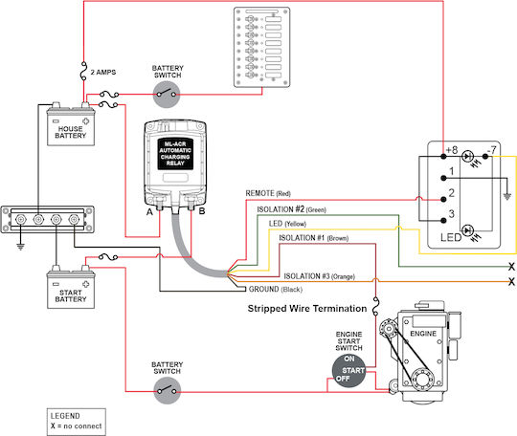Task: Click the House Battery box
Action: (71, 127)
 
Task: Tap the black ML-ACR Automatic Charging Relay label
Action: (175, 154)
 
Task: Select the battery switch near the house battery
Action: (168, 95)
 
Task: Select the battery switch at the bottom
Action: (168, 391)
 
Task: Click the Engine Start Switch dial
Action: (348, 370)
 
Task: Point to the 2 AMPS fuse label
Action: (103, 72)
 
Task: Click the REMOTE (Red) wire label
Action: (268, 193)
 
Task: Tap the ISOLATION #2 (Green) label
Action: (291, 209)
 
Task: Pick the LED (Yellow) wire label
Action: (287, 224)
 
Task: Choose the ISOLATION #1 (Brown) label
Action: (314, 238)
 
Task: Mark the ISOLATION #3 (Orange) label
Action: (319, 276)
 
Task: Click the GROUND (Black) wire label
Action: (276, 289)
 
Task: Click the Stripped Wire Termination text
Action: (307, 309)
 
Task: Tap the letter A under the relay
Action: (149, 211)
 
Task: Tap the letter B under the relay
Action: (202, 210)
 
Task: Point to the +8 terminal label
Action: (451, 150)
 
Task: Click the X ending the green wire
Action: (511, 267)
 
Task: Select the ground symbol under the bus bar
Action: (20, 246)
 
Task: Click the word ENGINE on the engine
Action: (423, 334)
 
